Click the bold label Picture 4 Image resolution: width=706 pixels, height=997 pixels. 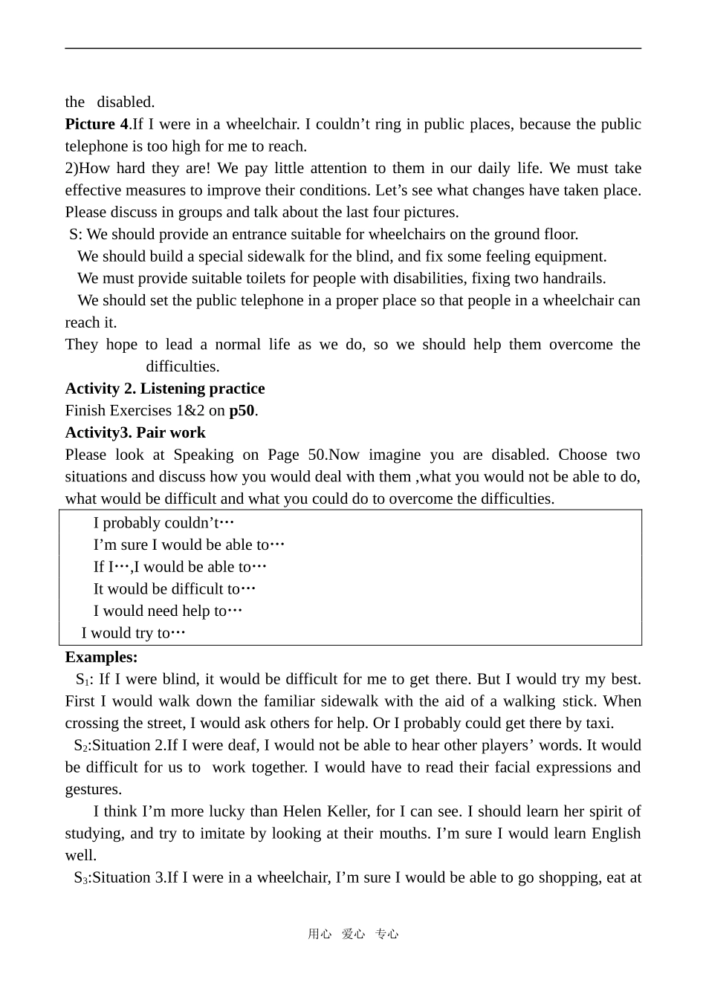click(x=97, y=124)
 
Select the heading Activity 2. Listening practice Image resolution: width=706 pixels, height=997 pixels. click(x=165, y=389)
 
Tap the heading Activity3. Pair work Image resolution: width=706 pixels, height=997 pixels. click(x=135, y=432)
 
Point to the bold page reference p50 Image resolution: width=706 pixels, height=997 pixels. click(x=242, y=411)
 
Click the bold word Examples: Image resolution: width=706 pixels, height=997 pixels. click(x=101, y=657)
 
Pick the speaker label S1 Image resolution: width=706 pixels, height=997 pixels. click(x=82, y=679)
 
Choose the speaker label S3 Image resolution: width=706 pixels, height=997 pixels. click(x=80, y=877)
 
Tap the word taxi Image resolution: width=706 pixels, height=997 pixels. click(x=597, y=723)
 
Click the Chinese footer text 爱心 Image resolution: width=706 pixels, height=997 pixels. click(x=353, y=934)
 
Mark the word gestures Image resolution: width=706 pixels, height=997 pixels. click(x=93, y=789)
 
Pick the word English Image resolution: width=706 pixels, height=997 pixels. click(x=615, y=834)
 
